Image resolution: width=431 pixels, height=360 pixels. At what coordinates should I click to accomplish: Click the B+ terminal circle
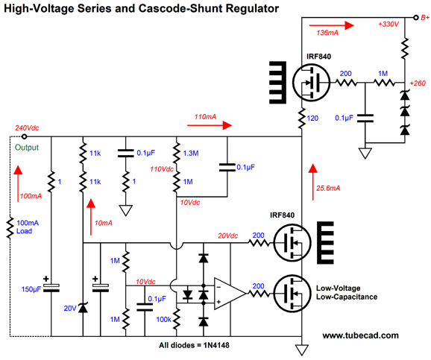(x=416, y=18)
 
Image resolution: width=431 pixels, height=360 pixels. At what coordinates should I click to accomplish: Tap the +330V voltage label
(x=388, y=24)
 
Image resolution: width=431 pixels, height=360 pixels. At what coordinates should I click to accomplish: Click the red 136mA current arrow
(x=332, y=25)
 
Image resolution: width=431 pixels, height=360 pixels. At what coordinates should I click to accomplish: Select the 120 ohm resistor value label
(x=312, y=119)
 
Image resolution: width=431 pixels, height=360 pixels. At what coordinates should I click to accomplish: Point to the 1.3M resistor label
(x=190, y=153)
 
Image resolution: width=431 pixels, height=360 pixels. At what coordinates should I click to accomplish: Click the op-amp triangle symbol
(x=230, y=294)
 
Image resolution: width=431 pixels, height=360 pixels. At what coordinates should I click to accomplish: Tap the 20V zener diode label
(x=70, y=309)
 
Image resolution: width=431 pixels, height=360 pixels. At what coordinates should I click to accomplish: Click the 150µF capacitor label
(x=31, y=289)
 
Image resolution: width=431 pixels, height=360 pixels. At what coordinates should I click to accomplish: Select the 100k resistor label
(x=163, y=319)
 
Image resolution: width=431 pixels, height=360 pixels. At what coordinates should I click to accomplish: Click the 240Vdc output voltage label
(x=27, y=127)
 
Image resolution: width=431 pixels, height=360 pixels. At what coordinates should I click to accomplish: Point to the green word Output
(x=27, y=148)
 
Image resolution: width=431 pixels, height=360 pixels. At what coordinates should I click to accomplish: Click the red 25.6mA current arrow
(x=312, y=182)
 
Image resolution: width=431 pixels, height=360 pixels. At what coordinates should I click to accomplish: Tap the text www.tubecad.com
(x=360, y=335)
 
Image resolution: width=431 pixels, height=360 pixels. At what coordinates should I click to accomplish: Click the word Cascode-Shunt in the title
(x=180, y=9)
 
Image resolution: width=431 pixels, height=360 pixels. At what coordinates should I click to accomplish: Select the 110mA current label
(x=205, y=117)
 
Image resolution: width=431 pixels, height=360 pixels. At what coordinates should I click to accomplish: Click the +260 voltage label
(x=418, y=83)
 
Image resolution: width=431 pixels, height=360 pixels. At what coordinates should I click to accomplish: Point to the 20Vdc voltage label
(x=228, y=236)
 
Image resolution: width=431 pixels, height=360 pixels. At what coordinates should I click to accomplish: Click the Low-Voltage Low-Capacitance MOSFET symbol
(x=292, y=294)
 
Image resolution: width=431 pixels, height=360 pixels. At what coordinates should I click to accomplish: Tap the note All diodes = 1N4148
(x=194, y=345)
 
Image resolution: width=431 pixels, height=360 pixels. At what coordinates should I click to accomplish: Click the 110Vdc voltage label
(x=162, y=169)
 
